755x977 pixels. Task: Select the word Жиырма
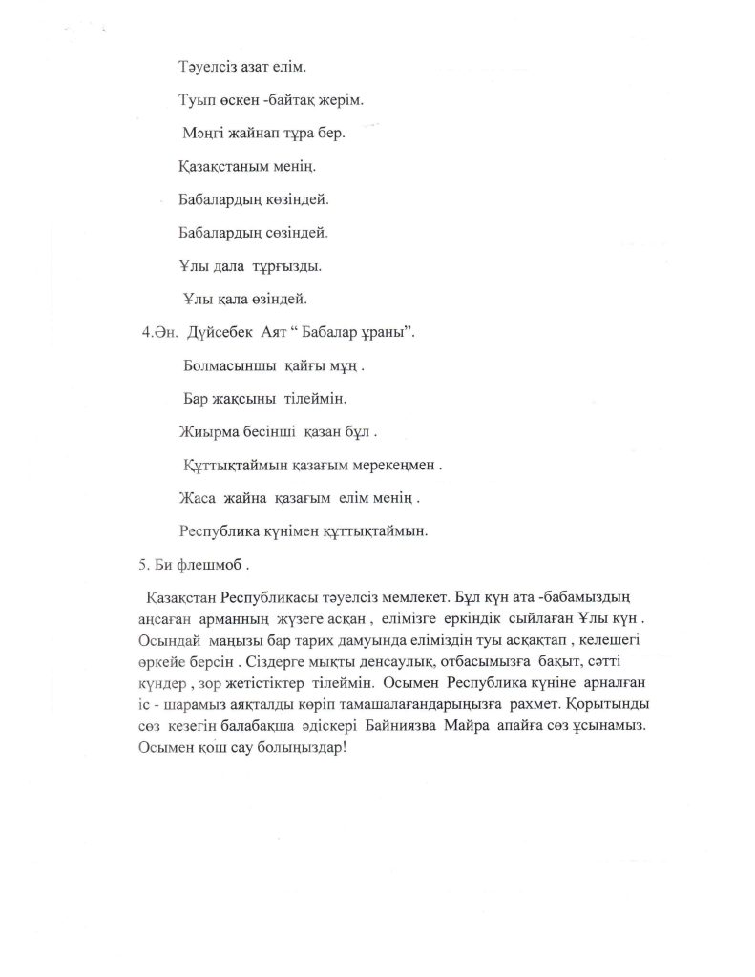pyautogui.click(x=205, y=431)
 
